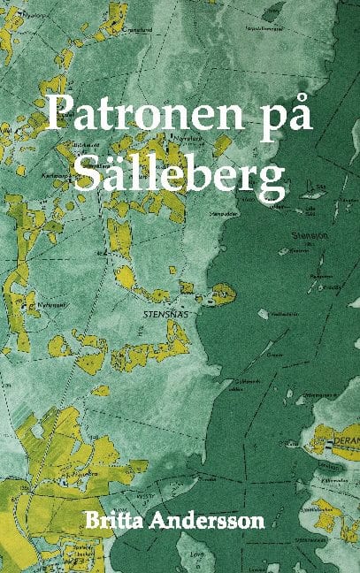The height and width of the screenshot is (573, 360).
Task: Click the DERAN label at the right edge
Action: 343,438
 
